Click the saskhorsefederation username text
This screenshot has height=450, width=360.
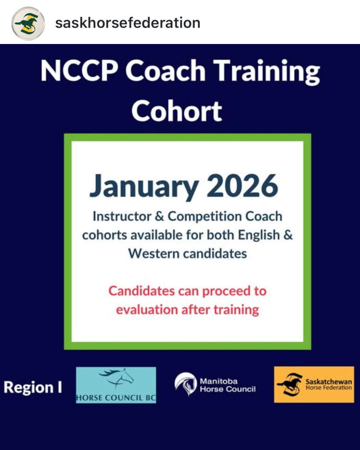tap(128, 23)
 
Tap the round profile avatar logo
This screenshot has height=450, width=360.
tap(28, 23)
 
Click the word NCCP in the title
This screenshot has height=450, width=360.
tap(79, 70)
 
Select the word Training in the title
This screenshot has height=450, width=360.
tap(266, 72)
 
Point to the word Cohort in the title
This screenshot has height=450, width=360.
tap(177, 110)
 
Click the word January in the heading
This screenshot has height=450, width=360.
tap(144, 187)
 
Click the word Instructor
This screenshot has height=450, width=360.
tap(122, 216)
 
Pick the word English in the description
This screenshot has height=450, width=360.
tap(259, 235)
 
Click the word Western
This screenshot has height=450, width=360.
tap(154, 254)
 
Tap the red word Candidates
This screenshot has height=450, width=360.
tap(142, 291)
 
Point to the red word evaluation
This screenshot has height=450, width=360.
tap(147, 309)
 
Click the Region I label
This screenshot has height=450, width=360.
tap(33, 387)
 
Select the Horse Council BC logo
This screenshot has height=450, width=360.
tap(116, 385)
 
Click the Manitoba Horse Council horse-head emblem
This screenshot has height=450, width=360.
tap(186, 384)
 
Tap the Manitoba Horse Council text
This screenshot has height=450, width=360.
tap(228, 385)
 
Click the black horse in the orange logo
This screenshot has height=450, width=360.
tap(290, 384)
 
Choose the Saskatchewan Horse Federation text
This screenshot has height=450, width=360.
tap(329, 384)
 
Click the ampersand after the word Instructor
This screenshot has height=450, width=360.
tap(159, 216)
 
